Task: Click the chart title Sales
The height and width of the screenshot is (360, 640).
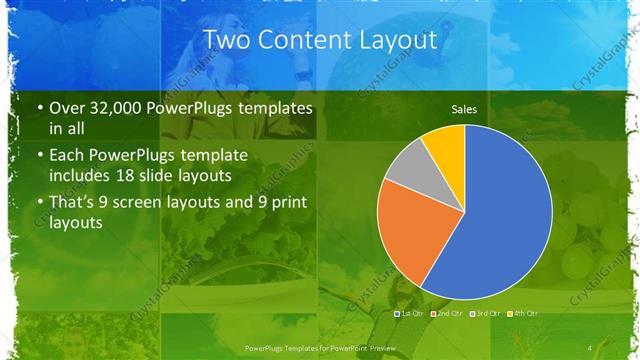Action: (x=464, y=109)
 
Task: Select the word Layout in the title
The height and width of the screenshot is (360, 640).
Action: (x=399, y=41)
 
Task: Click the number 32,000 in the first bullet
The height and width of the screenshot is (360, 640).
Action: (x=125, y=108)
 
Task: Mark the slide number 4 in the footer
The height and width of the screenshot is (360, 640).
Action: (x=591, y=347)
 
